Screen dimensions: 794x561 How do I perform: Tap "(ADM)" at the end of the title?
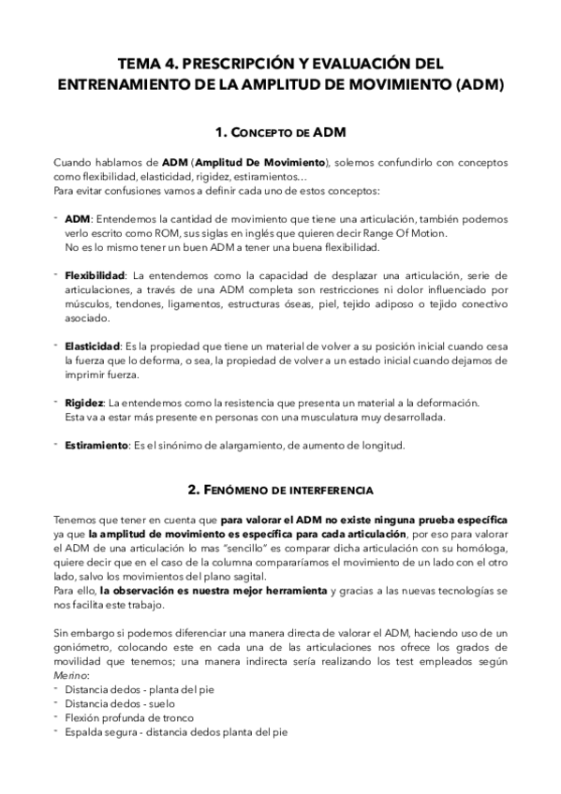point(474,84)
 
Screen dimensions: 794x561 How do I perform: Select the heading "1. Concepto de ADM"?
point(280,130)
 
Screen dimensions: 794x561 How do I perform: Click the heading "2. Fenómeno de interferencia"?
point(280,489)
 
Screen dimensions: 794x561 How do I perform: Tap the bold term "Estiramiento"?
point(96,446)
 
